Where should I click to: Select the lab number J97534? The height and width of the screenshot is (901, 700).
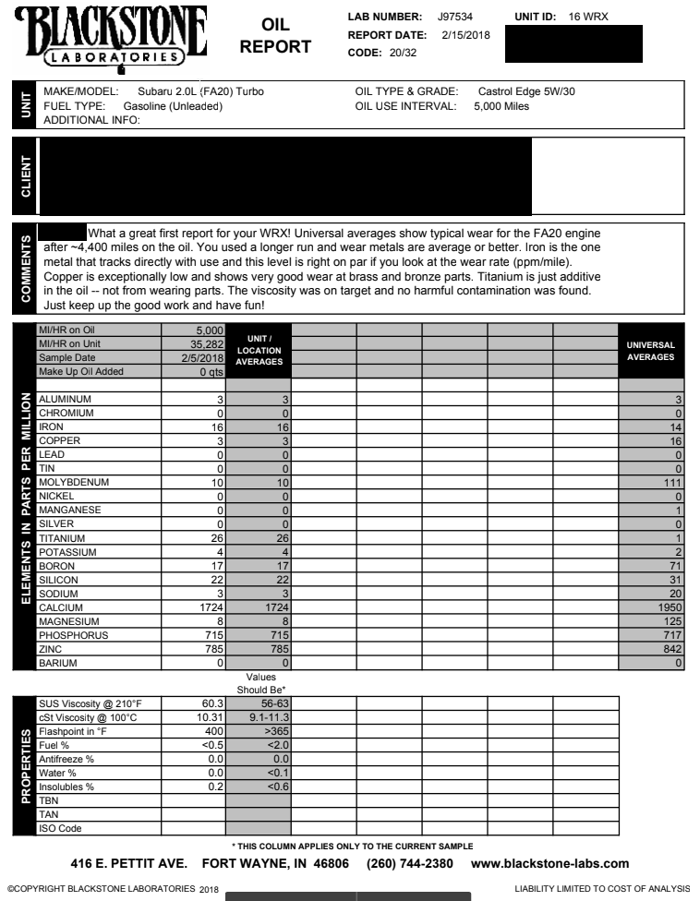[x=456, y=18]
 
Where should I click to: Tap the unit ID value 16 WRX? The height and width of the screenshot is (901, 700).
[x=589, y=18]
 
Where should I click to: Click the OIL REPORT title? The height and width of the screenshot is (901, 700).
[x=274, y=36]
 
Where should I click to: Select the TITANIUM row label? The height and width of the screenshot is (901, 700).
[x=63, y=538]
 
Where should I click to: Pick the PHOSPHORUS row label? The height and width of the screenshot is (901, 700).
[x=73, y=635]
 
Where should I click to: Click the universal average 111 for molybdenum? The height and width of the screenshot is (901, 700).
[x=670, y=482]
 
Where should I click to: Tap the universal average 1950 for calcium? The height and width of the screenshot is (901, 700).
[x=668, y=607]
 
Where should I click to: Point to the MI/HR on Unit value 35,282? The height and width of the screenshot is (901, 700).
[x=202, y=343]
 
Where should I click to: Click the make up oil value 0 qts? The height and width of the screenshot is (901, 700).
[x=207, y=371]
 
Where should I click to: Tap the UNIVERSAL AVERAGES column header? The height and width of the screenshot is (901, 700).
[x=650, y=351]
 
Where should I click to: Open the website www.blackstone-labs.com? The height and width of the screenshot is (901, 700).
[x=549, y=864]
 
